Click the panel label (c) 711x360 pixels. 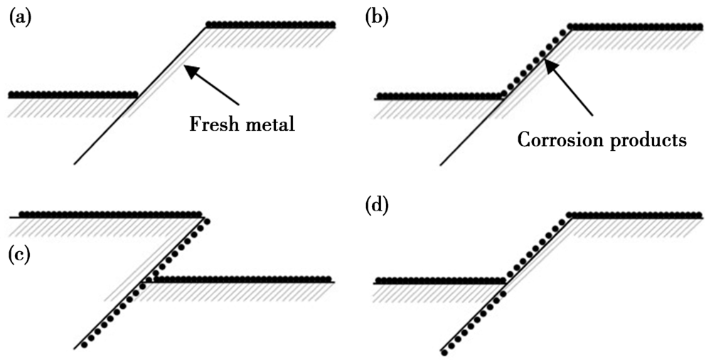click(x=19, y=254)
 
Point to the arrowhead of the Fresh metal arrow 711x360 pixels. click(x=186, y=68)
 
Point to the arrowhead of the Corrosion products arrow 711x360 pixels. click(x=547, y=65)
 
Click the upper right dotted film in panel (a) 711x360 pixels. click(x=270, y=25)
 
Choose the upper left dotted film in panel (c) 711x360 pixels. click(x=110, y=213)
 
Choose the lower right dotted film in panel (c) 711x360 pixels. click(x=242, y=279)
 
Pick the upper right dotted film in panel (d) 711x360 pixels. click(x=636, y=215)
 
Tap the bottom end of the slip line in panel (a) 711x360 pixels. click(x=75, y=164)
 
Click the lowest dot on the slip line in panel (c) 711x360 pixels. click(x=85, y=346)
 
